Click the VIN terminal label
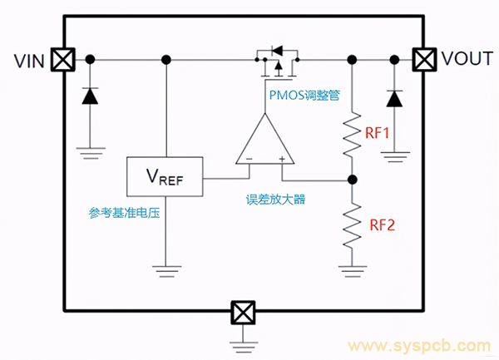tap(30, 60)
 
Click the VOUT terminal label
tap(467, 59)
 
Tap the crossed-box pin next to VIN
tap(62, 59)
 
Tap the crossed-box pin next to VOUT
tap(425, 59)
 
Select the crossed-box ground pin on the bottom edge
tap(243, 312)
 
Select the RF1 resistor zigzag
tap(353, 134)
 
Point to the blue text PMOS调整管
tap(304, 93)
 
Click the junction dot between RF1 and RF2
tap(353, 179)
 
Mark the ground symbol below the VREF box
tap(166, 268)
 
